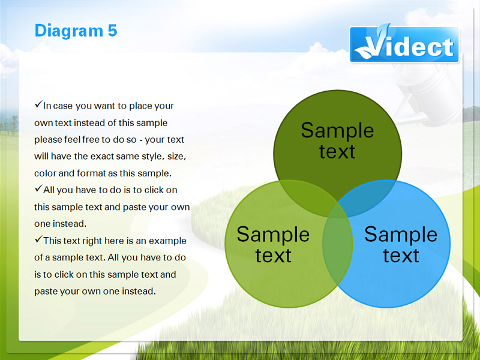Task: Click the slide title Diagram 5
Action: pos(76,31)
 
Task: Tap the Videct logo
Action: pos(404,44)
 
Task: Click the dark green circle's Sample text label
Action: pos(337,140)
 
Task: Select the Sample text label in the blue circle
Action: pos(401,244)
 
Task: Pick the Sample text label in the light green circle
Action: pos(273,244)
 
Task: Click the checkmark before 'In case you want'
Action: pos(38,104)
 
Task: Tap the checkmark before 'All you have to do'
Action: pos(38,188)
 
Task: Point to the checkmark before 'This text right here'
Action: pos(38,239)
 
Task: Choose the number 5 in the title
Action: pos(112,31)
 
